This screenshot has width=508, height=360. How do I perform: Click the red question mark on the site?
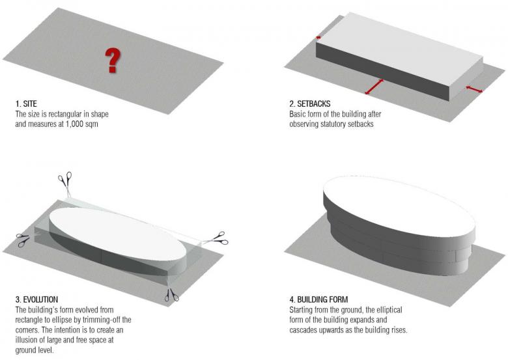pyautogui.click(x=113, y=60)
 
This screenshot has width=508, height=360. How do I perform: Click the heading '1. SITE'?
pyautogui.click(x=26, y=104)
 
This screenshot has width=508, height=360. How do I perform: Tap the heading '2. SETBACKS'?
pyautogui.click(x=310, y=104)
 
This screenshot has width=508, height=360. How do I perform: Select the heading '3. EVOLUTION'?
pyautogui.click(x=36, y=299)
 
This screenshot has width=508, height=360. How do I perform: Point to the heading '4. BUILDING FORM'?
pyautogui.click(x=318, y=299)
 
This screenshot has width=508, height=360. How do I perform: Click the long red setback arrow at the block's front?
pyautogui.click(x=374, y=87)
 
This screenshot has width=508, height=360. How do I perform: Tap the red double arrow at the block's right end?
pyautogui.click(x=474, y=89)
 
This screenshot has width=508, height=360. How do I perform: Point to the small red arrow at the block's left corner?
pyautogui.click(x=318, y=38)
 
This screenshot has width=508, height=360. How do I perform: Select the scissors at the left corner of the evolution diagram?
pyautogui.click(x=23, y=240)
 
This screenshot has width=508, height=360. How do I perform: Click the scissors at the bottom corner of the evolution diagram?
pyautogui.click(x=171, y=295)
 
